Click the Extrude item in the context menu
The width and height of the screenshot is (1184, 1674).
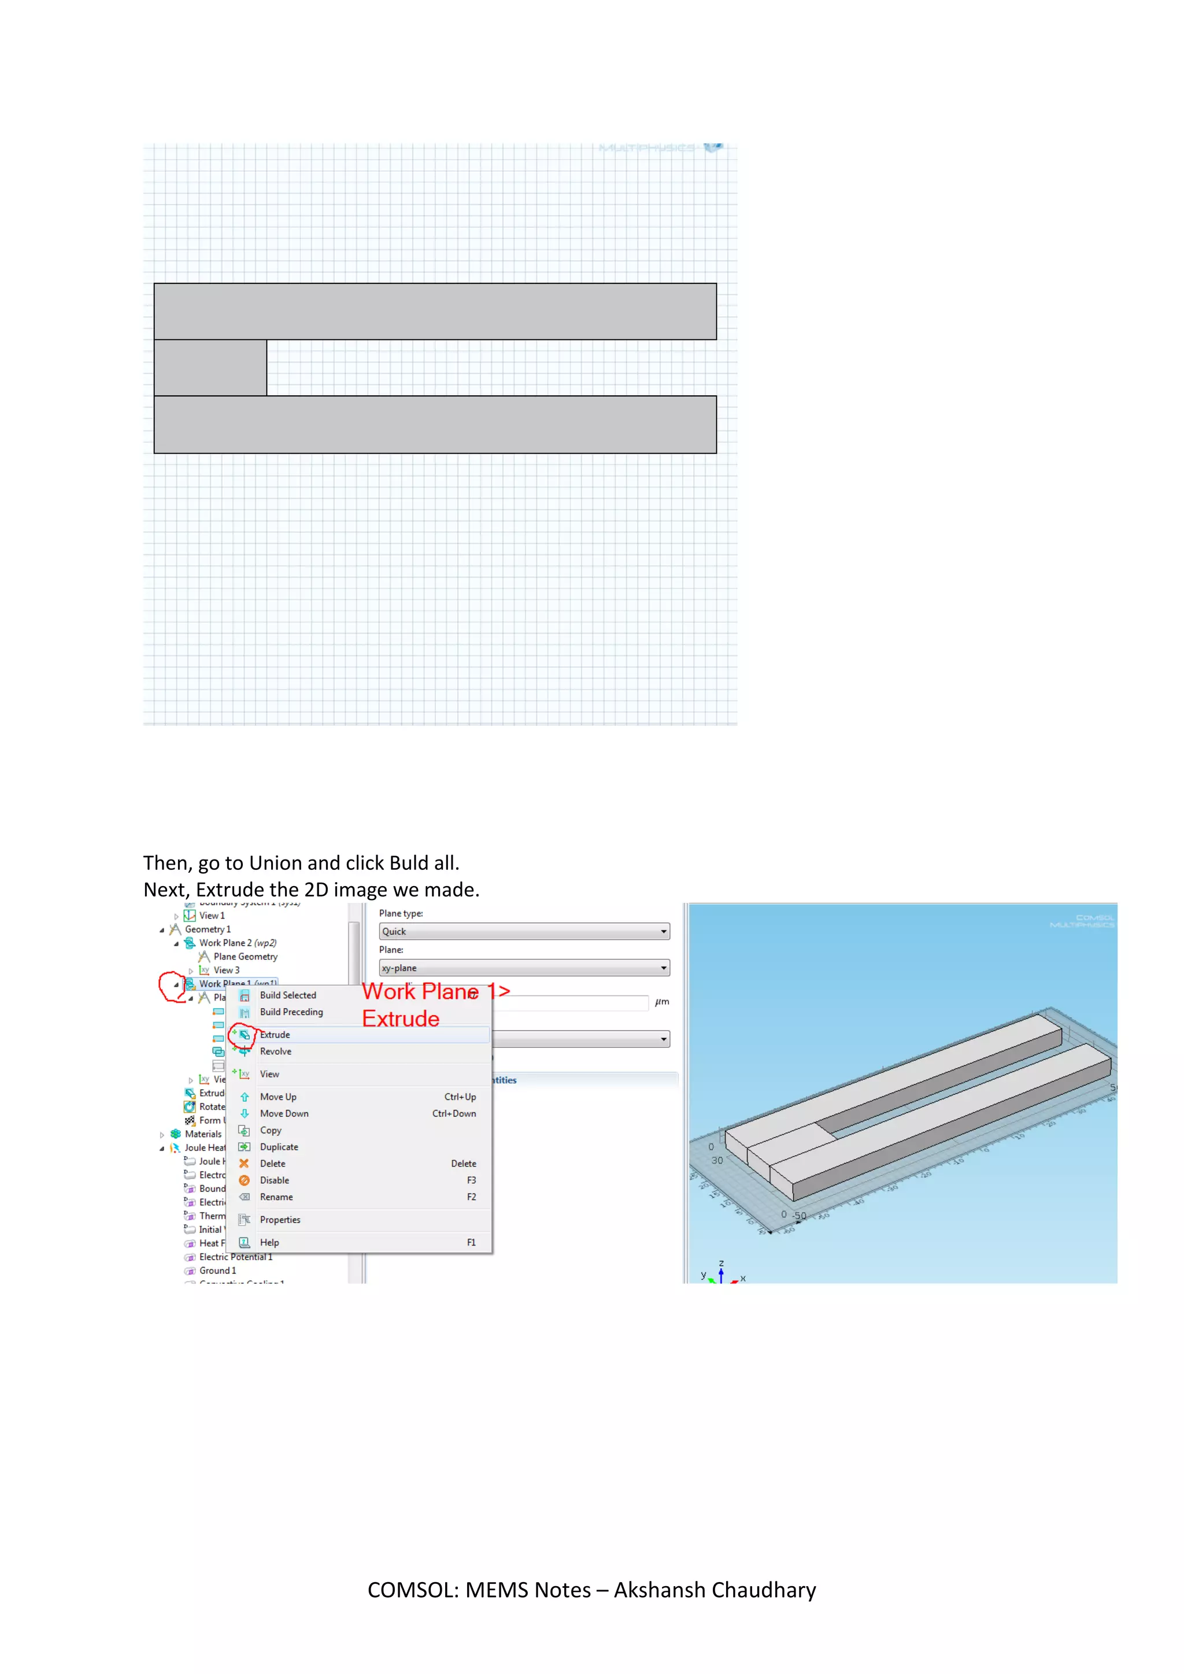[x=275, y=1035]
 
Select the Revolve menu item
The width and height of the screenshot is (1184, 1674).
[x=276, y=1051]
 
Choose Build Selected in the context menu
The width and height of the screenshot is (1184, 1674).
[x=288, y=995]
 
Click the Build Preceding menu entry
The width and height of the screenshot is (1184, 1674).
[x=291, y=1012]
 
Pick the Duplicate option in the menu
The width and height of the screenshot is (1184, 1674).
[x=279, y=1147]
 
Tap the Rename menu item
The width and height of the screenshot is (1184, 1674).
[x=276, y=1197]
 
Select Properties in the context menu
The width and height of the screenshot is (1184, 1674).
[x=280, y=1220]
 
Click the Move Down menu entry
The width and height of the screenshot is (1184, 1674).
[x=284, y=1113]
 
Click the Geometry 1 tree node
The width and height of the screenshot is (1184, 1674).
[x=208, y=929]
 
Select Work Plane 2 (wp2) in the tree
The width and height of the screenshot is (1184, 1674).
[x=238, y=943]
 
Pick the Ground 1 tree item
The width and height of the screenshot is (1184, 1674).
[x=217, y=1270]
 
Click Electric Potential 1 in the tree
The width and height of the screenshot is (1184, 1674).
[x=235, y=1257]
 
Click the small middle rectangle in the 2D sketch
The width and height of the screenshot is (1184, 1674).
[x=210, y=368]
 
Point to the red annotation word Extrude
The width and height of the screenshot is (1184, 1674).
[x=401, y=1019]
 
